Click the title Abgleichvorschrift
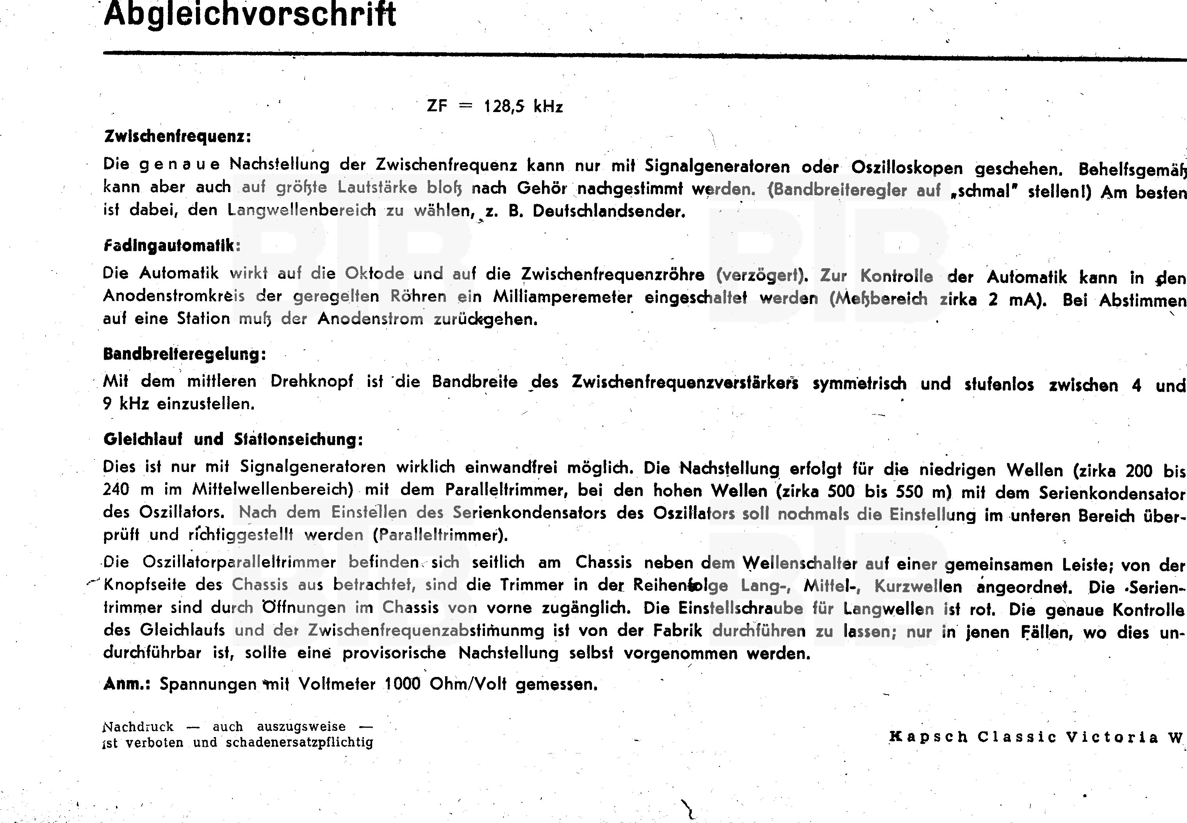[x=250, y=14]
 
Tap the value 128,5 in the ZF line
[x=504, y=107]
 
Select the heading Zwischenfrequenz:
[x=177, y=137]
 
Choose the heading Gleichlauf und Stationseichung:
[x=233, y=439]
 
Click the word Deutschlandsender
[x=608, y=212]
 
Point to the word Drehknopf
[x=312, y=381]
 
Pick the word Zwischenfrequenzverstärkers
[x=685, y=383]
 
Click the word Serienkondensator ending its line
[x=1112, y=493]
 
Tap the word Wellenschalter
[x=798, y=563]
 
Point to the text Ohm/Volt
[x=468, y=684]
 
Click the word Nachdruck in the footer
[x=139, y=727]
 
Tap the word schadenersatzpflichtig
[x=299, y=743]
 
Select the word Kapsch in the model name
[x=928, y=737]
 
